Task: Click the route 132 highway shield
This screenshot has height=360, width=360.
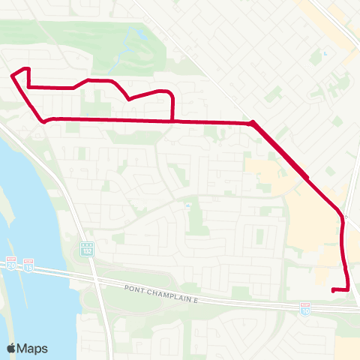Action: (87, 247)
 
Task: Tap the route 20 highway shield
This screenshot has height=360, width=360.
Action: (11, 263)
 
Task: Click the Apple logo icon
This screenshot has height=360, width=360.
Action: (12, 348)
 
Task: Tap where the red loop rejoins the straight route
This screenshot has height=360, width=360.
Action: (174, 120)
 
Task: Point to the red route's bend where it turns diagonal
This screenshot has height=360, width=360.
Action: (253, 122)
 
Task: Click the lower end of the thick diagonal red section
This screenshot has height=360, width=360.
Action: (307, 178)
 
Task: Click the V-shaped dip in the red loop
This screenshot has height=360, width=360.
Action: (129, 98)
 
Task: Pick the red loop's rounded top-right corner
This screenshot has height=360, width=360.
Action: (171, 94)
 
